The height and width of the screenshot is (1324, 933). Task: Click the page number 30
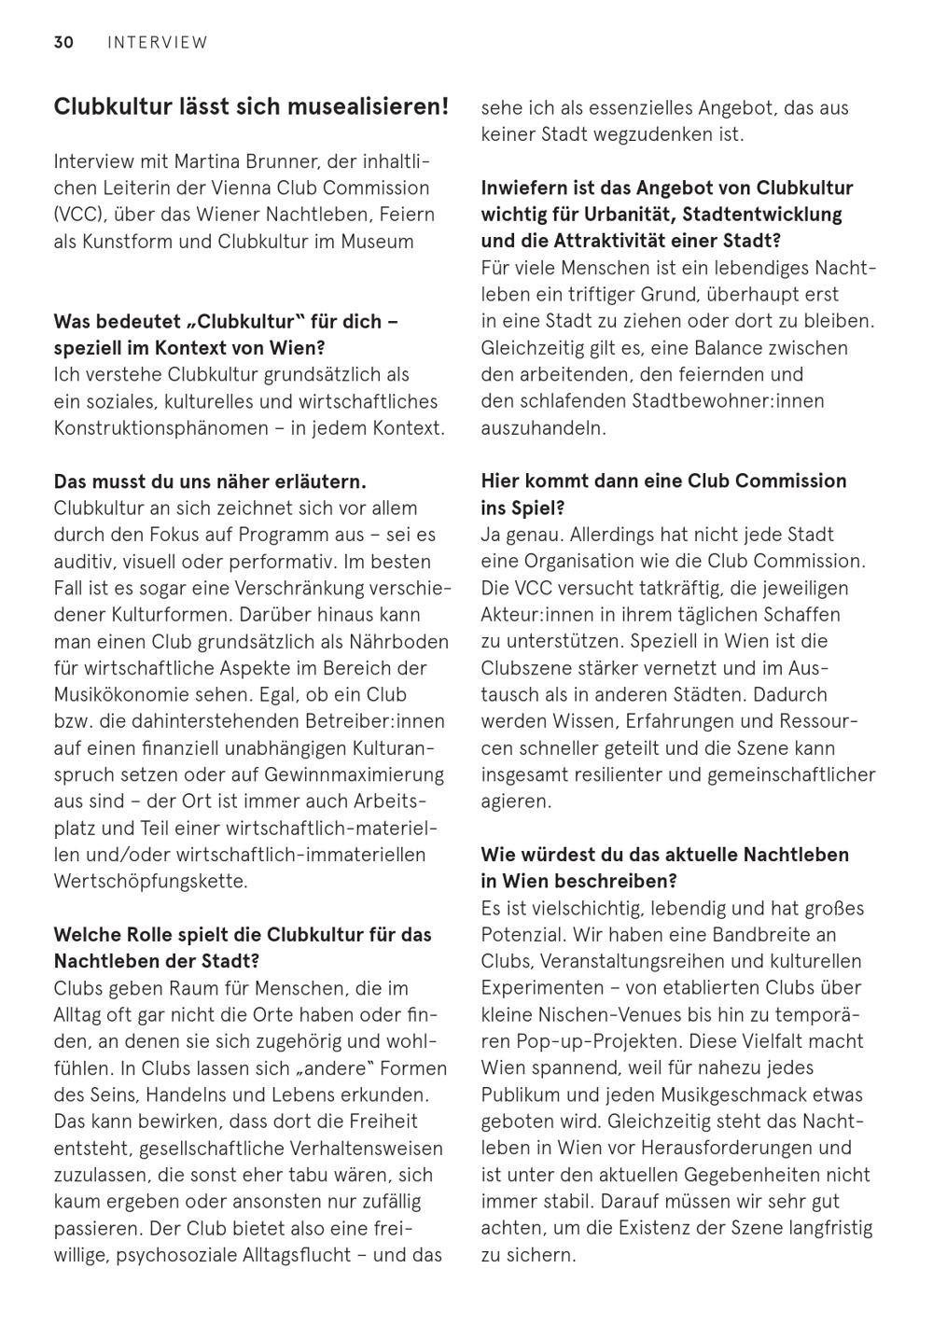point(63,42)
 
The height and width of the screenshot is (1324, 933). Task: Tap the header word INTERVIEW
point(158,42)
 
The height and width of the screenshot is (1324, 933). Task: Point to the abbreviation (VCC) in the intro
point(77,215)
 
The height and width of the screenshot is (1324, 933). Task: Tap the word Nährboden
point(404,642)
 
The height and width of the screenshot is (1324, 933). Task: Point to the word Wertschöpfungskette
point(151,882)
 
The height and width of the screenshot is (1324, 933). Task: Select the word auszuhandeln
point(544,428)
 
